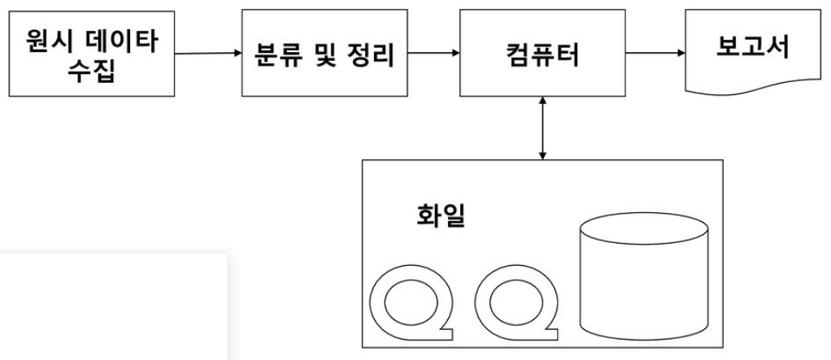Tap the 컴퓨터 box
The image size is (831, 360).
(x=542, y=54)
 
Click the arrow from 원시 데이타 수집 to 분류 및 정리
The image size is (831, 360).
(x=208, y=55)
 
